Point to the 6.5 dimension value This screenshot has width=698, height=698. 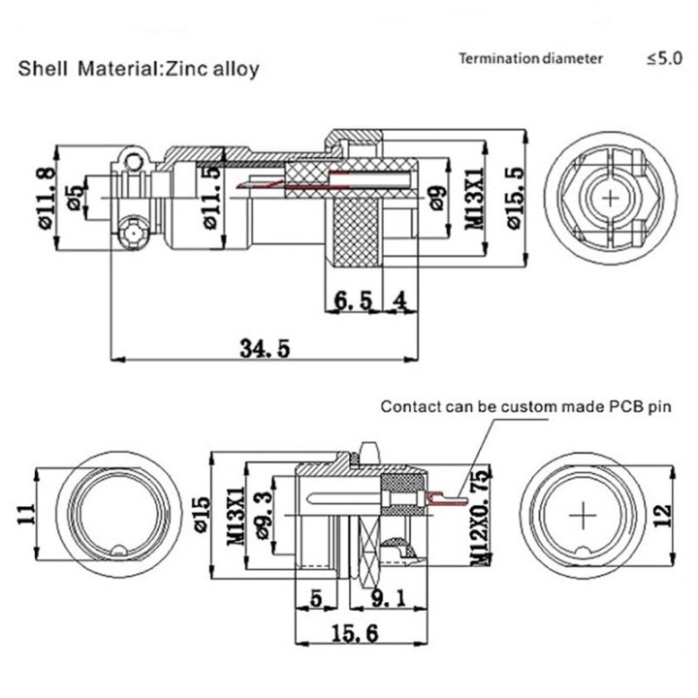[352, 301]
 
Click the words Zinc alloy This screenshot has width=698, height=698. [213, 70]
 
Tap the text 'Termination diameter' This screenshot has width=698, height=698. [531, 58]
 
